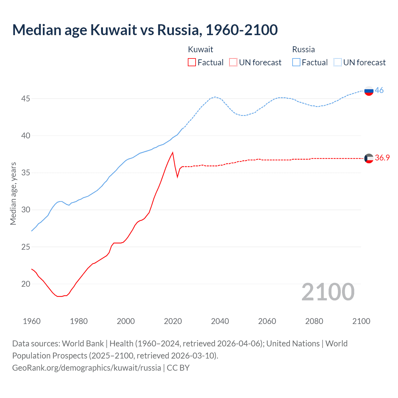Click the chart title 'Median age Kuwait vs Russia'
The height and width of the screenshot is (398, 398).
click(x=145, y=30)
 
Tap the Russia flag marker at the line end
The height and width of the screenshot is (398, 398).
click(x=369, y=91)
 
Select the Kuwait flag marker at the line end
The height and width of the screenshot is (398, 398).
click(x=369, y=158)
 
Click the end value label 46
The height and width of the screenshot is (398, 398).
click(x=379, y=90)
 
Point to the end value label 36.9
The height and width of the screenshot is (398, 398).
click(x=382, y=158)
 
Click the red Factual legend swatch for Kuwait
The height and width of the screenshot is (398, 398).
click(x=192, y=62)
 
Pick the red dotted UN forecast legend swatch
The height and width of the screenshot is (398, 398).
click(x=233, y=62)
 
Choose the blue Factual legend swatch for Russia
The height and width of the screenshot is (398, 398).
click(x=296, y=62)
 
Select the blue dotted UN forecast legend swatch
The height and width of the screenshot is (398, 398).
click(x=338, y=62)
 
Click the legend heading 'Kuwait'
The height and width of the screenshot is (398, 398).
click(x=201, y=49)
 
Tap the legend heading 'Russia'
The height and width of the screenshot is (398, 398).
click(x=303, y=49)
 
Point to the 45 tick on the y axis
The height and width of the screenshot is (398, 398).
click(x=25, y=99)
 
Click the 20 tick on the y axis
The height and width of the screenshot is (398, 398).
click(x=25, y=284)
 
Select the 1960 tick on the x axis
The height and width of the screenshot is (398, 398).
click(x=32, y=321)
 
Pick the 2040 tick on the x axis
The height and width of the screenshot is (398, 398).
click(x=220, y=321)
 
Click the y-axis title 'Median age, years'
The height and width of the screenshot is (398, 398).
click(x=13, y=193)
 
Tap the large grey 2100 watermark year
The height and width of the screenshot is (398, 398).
click(x=328, y=292)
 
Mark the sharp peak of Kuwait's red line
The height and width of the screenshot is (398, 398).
click(x=173, y=152)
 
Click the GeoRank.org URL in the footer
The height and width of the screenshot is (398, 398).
click(x=86, y=368)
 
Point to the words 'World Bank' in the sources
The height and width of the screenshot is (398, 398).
click(x=83, y=344)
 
